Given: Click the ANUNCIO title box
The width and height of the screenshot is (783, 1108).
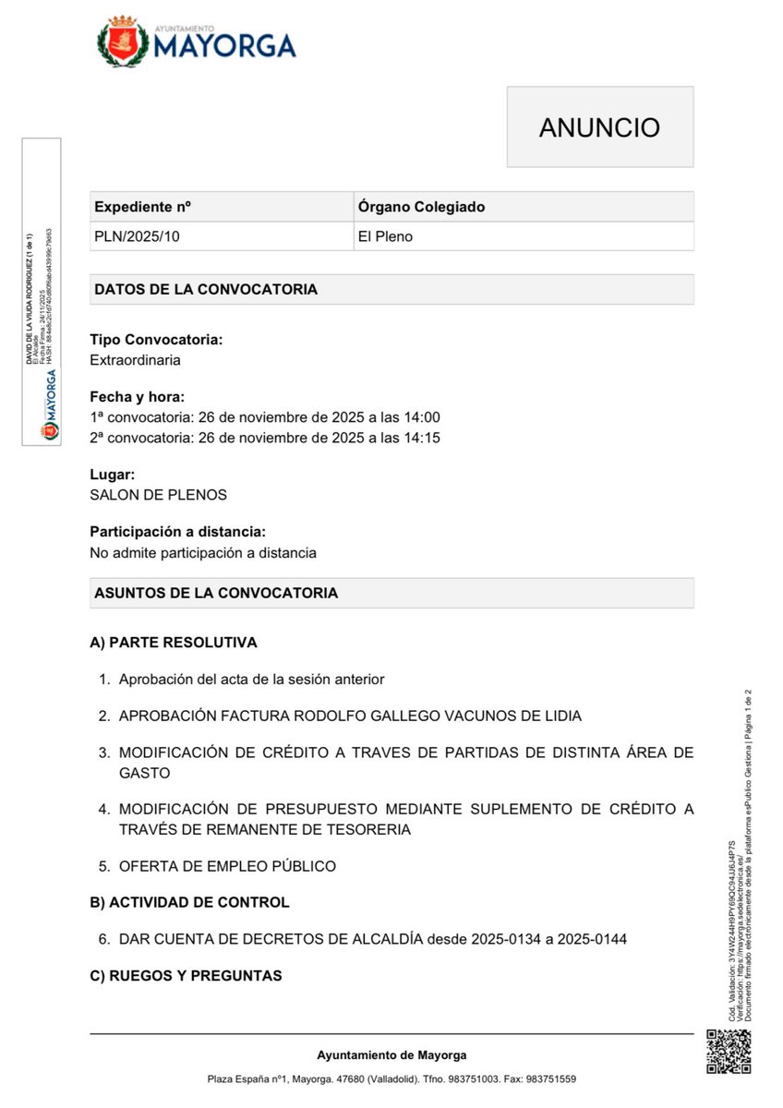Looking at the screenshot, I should tap(599, 127).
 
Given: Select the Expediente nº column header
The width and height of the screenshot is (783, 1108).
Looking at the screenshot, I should tap(143, 207).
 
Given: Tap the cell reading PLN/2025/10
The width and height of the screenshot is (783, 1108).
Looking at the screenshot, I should tap(137, 236).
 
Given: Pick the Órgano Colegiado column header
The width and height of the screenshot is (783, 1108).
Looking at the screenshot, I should tap(421, 207).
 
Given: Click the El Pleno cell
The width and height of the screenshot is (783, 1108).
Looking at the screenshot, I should tap(385, 236).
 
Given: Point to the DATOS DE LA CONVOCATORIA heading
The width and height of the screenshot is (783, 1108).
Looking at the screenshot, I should tap(206, 289).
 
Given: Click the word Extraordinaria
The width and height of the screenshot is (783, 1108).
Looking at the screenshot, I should tap(135, 360).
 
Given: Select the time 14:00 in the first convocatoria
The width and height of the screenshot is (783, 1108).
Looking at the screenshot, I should tap(422, 417).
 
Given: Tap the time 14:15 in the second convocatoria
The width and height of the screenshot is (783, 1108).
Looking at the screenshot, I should tap(422, 437).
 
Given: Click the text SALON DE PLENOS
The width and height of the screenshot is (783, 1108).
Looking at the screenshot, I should tap(158, 495).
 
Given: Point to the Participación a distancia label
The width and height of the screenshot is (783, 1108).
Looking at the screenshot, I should tap(177, 532).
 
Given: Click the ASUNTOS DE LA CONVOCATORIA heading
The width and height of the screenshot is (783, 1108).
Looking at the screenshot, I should tap(216, 593).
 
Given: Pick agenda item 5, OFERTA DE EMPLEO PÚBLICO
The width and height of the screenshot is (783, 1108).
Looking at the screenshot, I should tap(227, 866).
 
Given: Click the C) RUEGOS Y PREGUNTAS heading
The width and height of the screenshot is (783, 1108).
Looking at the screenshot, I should tap(186, 976).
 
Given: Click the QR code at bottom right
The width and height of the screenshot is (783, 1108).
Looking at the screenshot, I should tap(729, 1052).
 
